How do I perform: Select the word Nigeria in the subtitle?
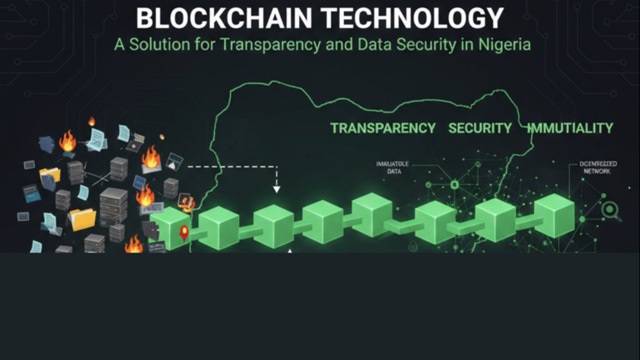click(503, 44)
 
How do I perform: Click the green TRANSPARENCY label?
click(383, 128)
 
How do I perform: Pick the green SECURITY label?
click(480, 128)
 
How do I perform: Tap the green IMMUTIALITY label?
click(570, 128)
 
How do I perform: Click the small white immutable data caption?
click(393, 168)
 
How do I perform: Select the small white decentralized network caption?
click(594, 168)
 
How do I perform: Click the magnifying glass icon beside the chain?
click(610, 209)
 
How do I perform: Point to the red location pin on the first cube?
click(184, 232)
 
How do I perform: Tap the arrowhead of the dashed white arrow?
click(277, 188)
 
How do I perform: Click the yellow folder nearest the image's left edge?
click(49, 176)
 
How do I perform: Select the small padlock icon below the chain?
click(414, 246)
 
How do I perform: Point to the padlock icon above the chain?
click(454, 184)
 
